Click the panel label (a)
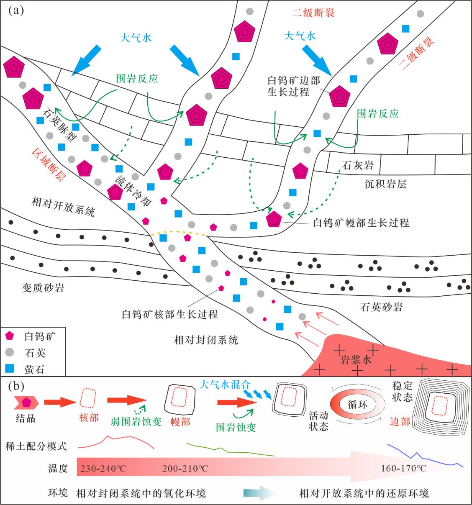point(16,10)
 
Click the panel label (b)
point(16,386)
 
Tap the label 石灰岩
point(358,165)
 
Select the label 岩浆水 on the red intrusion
point(355,359)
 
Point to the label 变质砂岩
point(43,288)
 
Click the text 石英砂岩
point(381,308)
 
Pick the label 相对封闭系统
point(206,339)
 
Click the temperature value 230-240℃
point(103,468)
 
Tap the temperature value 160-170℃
point(404,468)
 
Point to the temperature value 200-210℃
point(185,468)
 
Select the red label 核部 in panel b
point(88,418)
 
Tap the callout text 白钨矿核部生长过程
point(170,314)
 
